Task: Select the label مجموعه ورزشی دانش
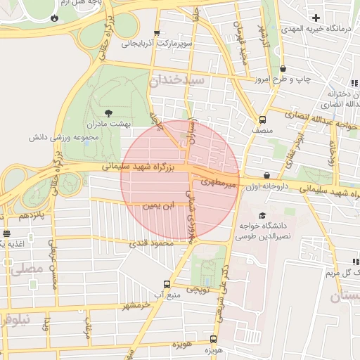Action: [x=77, y=136]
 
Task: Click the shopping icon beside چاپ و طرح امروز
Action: [x=283, y=69]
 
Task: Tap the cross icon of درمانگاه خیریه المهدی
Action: [x=316, y=18]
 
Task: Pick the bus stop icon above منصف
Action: [x=262, y=120]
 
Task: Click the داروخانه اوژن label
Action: [x=267, y=187]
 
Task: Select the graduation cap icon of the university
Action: [x=262, y=215]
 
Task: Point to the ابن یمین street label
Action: [x=157, y=206]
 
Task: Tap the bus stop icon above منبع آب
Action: [x=167, y=284]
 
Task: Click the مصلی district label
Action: [x=25, y=268]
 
